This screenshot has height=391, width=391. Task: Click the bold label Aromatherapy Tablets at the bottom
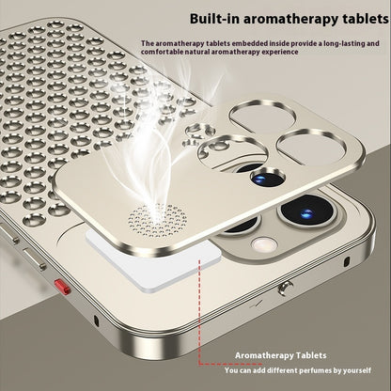281,356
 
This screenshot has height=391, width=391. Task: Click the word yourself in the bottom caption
368,368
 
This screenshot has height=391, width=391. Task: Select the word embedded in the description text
244,44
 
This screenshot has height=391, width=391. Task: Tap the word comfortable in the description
164,54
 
